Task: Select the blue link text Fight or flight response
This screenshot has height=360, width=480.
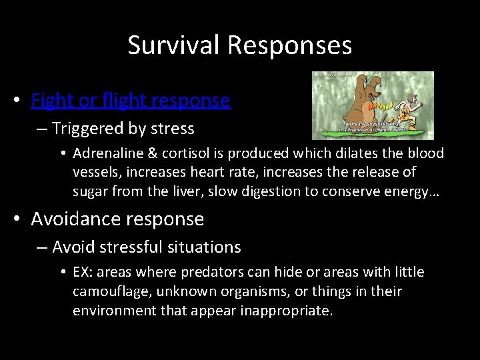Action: coord(131,101)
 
